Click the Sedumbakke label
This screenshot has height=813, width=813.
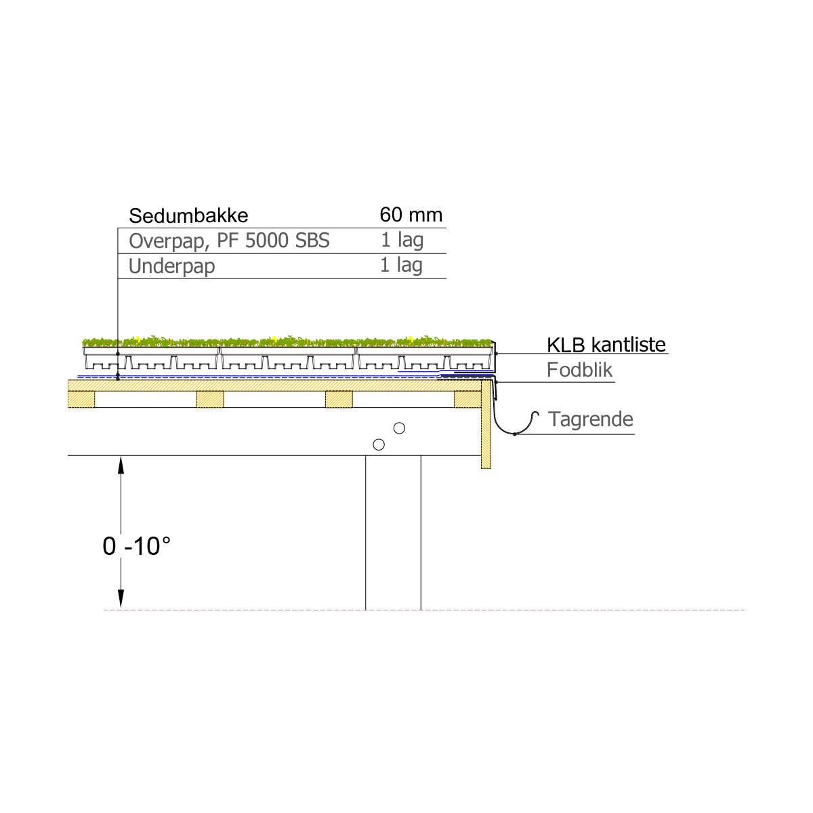[188, 215]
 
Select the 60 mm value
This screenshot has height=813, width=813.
[411, 215]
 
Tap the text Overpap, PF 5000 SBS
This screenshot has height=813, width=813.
[229, 241]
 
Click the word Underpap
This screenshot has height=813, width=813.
[171, 267]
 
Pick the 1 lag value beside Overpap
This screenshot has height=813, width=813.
[402, 240]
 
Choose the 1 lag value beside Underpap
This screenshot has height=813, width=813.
[401, 266]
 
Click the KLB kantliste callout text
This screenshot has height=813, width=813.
[606, 345]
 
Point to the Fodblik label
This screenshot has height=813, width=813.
[579, 370]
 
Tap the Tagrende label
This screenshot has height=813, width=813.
[591, 419]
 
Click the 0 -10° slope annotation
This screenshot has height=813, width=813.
[137, 546]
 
